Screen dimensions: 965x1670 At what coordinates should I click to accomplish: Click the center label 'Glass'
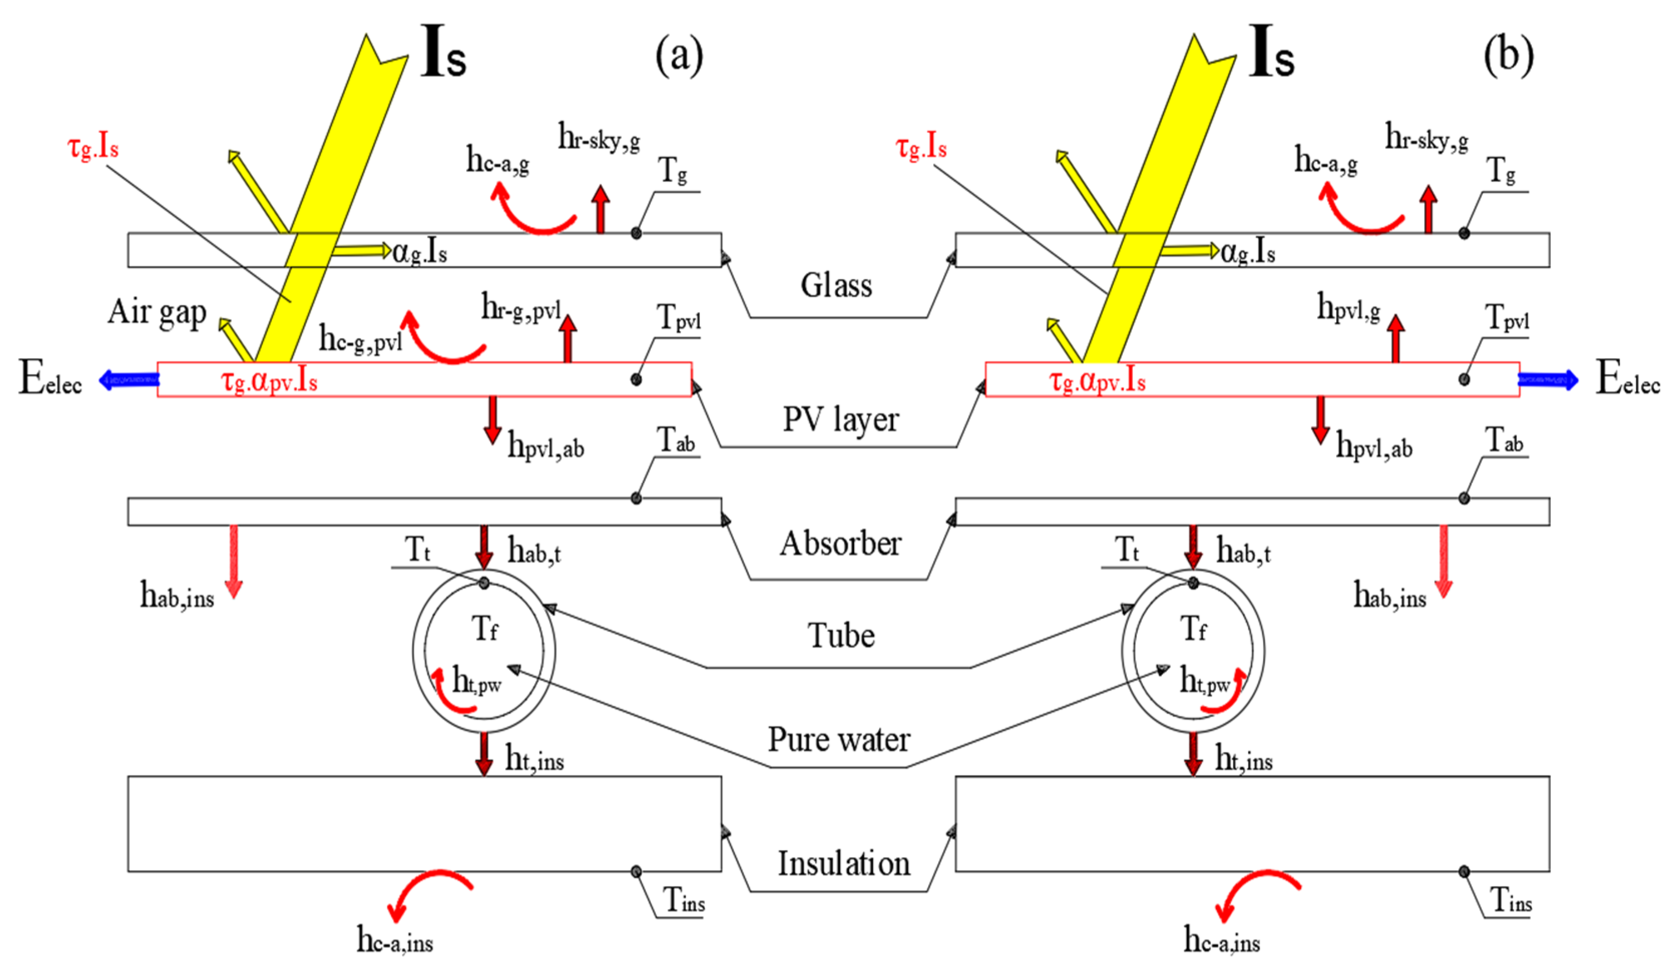(836, 286)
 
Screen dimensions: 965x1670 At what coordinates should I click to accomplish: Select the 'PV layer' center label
(840, 419)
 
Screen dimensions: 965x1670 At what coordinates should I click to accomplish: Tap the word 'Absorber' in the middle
(840, 544)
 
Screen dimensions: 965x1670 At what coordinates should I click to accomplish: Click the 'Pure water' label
(838, 739)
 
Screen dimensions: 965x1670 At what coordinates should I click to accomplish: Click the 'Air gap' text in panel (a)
(157, 312)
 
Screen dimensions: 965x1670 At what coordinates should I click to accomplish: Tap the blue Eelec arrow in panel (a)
(129, 380)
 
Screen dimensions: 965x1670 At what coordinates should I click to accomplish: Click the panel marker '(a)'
(678, 55)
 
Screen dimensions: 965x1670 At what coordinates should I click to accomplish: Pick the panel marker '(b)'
(1508, 55)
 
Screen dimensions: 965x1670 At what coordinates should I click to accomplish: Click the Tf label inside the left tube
(485, 628)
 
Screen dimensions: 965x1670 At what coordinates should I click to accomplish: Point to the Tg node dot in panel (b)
(1464, 233)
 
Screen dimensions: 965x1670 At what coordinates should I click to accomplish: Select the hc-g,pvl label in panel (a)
(360, 340)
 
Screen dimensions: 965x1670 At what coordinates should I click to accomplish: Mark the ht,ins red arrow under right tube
(1193, 754)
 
